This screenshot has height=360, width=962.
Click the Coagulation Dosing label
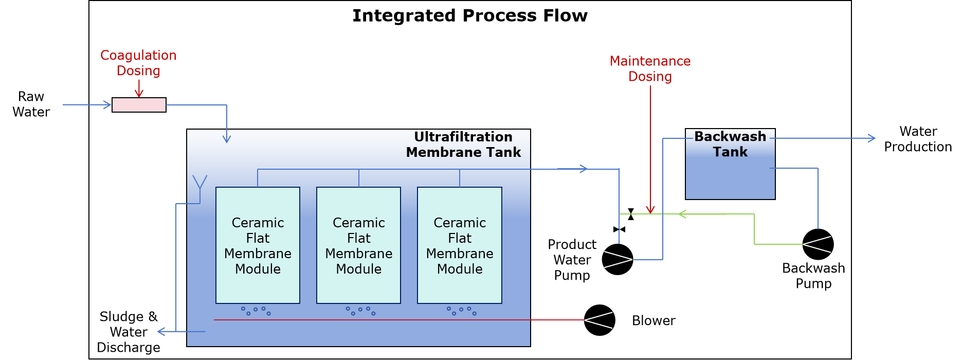point(138,63)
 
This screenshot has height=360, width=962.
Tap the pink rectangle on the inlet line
point(139,105)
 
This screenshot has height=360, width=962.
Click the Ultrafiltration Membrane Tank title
point(463,145)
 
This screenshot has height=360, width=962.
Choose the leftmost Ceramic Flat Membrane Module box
point(258,245)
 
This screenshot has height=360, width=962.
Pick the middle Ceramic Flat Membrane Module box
point(358,245)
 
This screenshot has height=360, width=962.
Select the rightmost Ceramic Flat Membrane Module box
point(460,245)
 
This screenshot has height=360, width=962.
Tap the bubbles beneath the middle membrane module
point(360,311)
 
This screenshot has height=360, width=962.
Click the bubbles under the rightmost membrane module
point(461,311)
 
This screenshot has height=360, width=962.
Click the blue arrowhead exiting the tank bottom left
point(161,332)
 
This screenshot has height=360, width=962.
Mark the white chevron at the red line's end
point(598,320)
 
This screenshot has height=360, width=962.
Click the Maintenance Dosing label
point(650,69)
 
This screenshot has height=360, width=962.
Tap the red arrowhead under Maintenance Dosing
point(650,209)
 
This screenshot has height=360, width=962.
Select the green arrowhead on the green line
point(682,214)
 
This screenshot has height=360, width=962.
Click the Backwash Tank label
point(730,144)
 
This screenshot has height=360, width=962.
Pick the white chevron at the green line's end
point(816,244)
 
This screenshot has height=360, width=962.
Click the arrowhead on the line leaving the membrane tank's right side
point(584,169)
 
